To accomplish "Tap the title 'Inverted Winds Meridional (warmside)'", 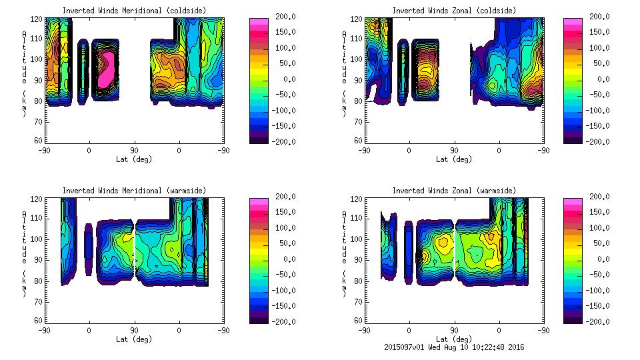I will point(134,191).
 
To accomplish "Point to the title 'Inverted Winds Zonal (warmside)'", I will point(454,191).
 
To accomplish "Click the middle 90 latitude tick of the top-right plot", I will point(454,151).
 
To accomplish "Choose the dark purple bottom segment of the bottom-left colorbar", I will point(259,318).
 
